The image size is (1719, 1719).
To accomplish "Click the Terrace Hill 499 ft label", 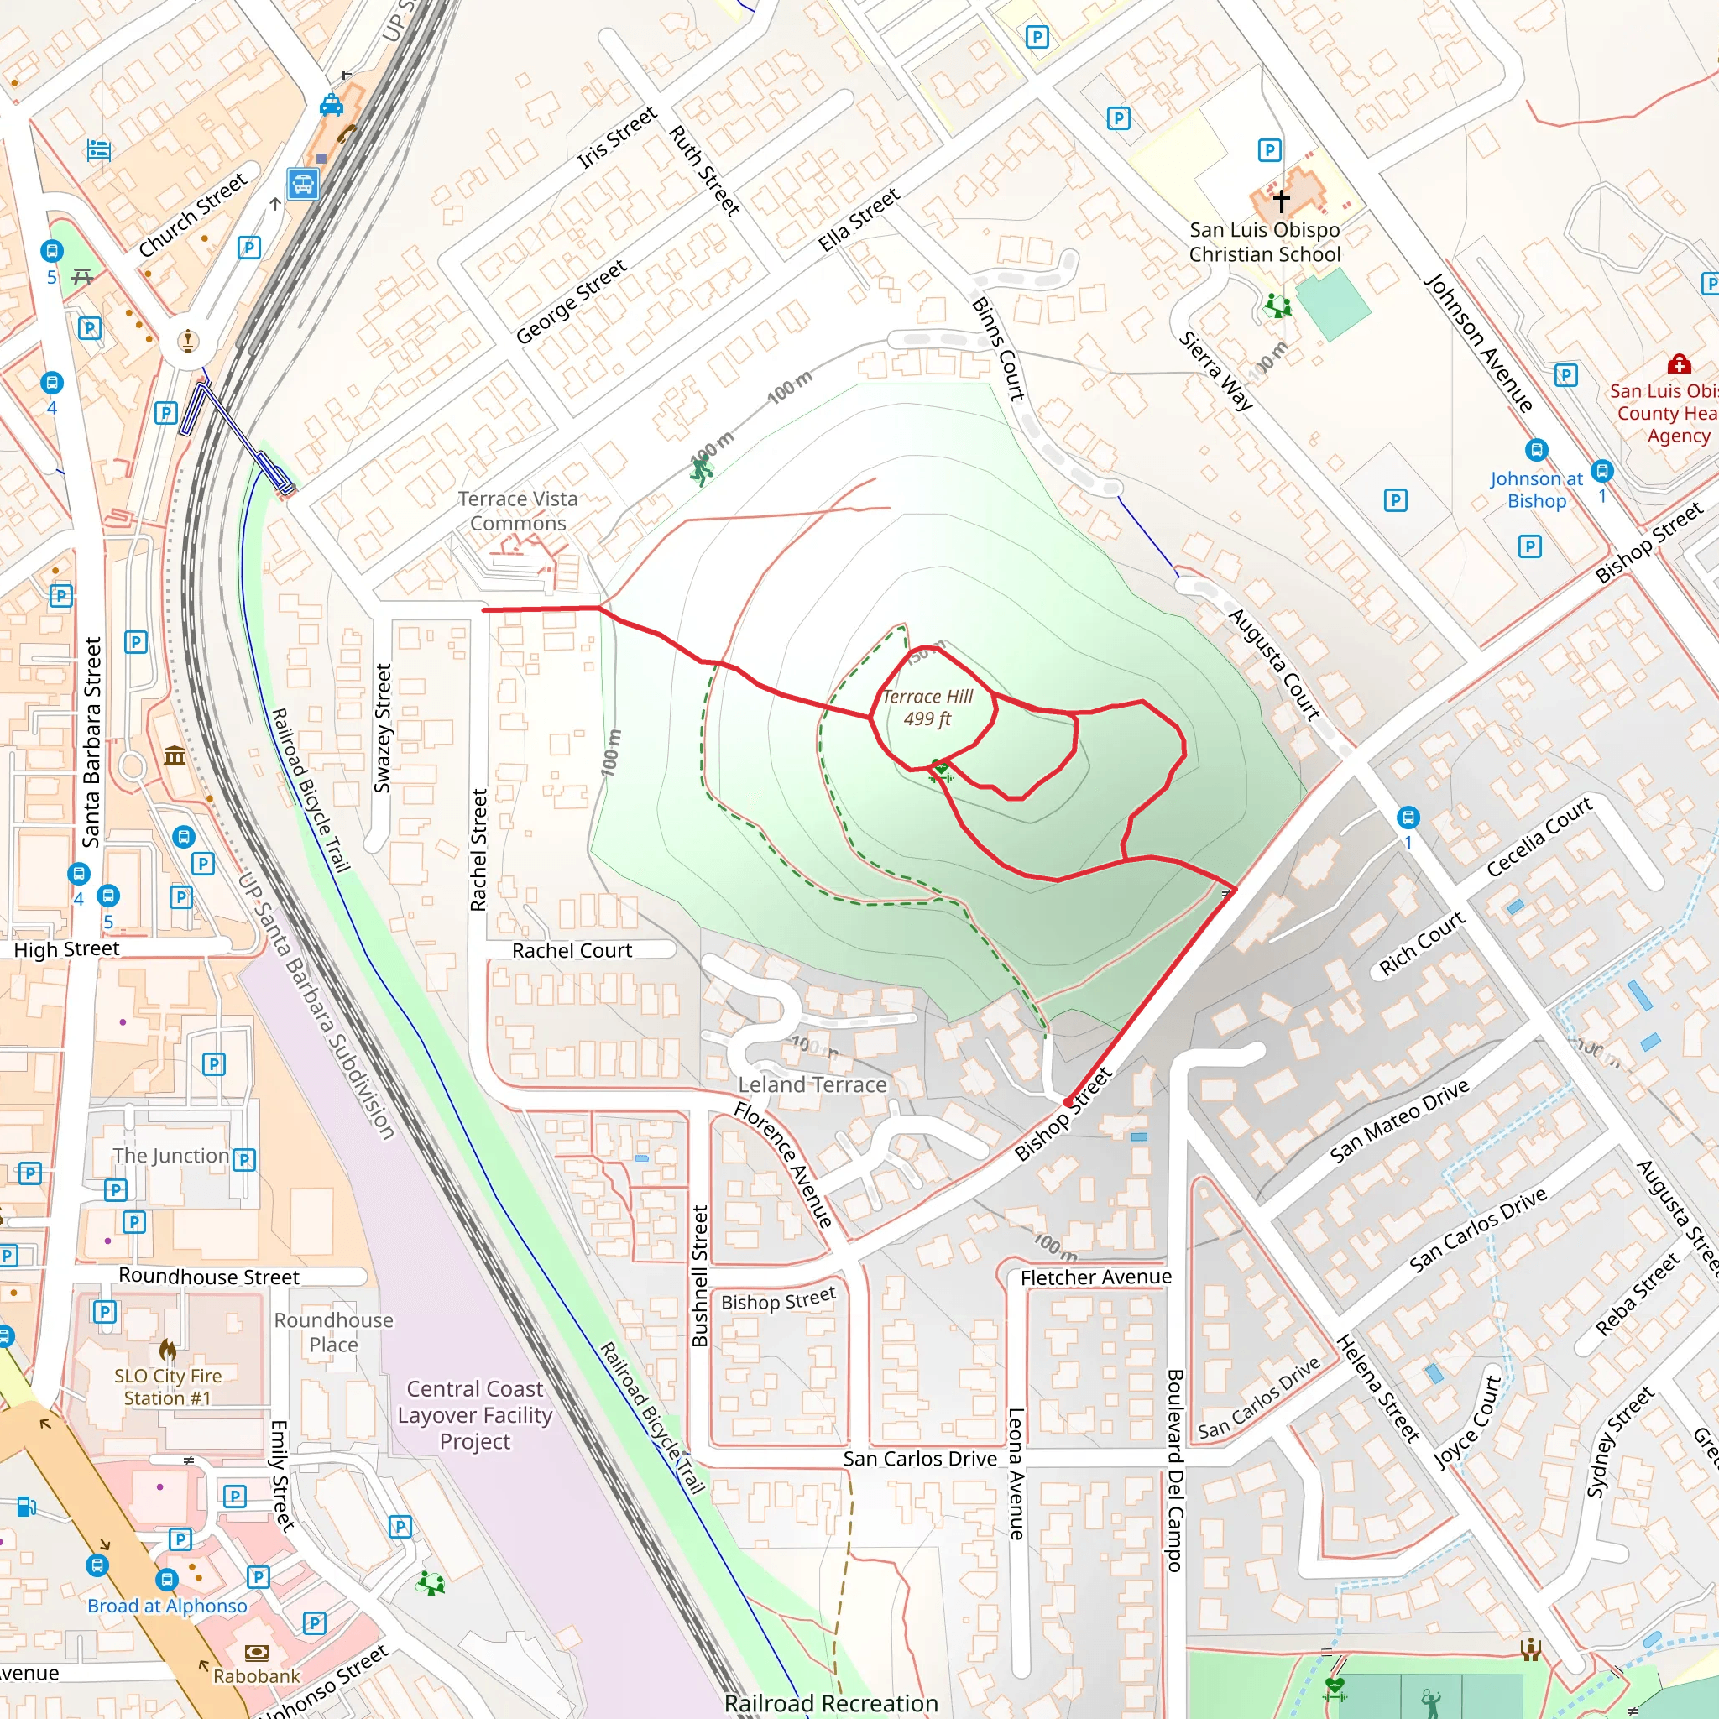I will coord(927,708).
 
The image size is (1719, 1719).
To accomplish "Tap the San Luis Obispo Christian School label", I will coord(1264,242).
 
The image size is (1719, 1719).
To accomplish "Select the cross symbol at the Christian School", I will coord(1281,201).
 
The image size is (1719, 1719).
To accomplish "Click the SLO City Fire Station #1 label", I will coord(167,1387).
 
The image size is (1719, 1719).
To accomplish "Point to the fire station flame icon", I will coord(167,1351).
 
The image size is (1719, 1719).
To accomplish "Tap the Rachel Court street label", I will coord(572,951).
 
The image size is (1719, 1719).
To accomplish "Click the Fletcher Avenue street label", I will coord(1096,1277).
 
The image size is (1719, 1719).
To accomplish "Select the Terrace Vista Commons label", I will coord(518,512).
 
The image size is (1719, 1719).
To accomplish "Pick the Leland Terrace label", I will coord(812,1084).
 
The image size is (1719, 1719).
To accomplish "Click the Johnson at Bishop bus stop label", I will coord(1537,490).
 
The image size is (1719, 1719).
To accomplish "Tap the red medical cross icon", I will coord(1679,364).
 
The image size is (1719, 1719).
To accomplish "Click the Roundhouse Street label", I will coord(209,1277).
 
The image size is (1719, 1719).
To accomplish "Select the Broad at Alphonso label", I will coord(167,1606).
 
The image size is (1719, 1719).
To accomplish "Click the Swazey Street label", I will coord(383,728).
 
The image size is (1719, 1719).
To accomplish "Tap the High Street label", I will coord(67,949).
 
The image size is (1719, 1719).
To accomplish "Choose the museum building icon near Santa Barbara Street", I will coord(175,756).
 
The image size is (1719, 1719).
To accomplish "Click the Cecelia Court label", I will coord(1539,837).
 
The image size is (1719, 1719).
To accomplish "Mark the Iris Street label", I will coord(618,137).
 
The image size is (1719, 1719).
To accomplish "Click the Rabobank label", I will coord(256,1676).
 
